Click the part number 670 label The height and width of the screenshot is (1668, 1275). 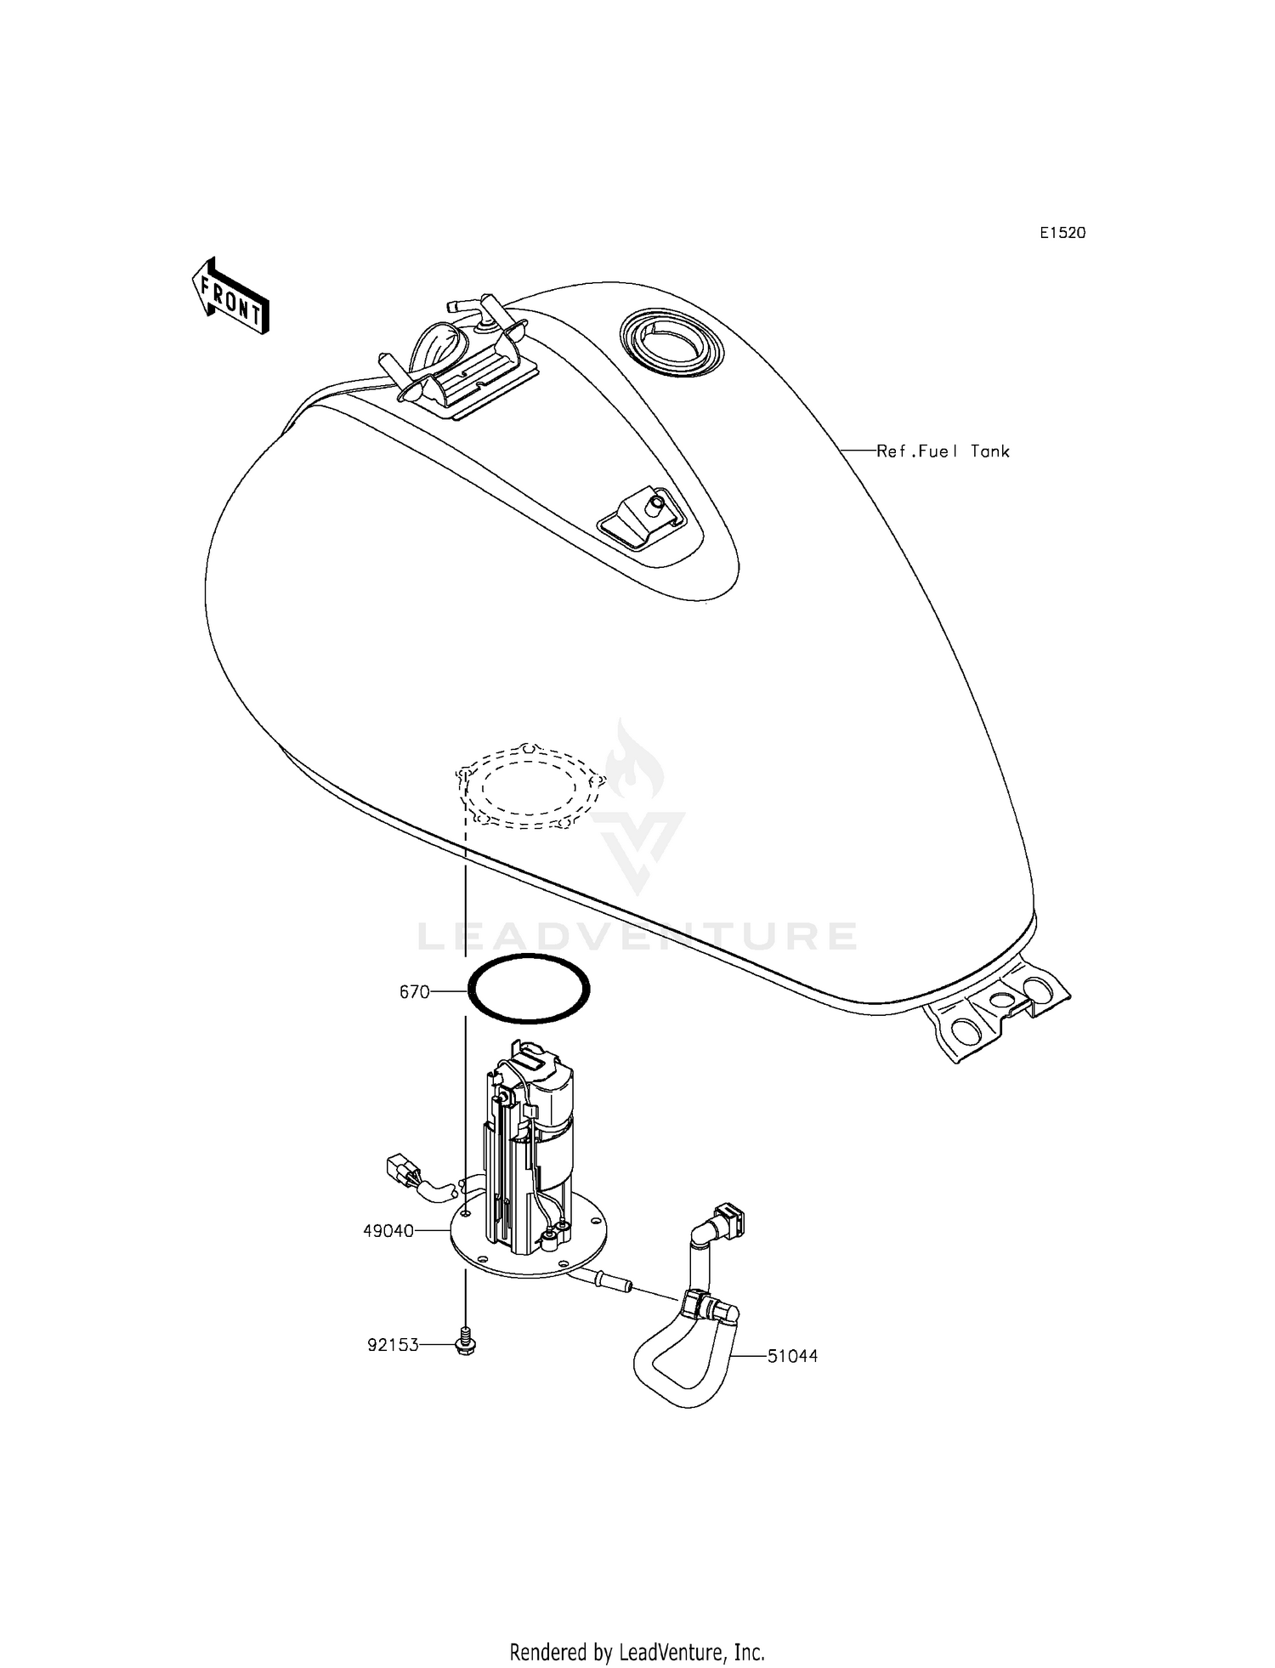[414, 992]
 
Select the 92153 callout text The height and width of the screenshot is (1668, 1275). [393, 1346]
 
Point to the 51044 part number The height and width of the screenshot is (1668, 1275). [792, 1357]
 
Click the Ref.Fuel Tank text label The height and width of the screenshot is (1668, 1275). [943, 451]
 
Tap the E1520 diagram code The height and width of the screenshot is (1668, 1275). [1062, 233]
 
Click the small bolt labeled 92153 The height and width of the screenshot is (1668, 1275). [466, 1341]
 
